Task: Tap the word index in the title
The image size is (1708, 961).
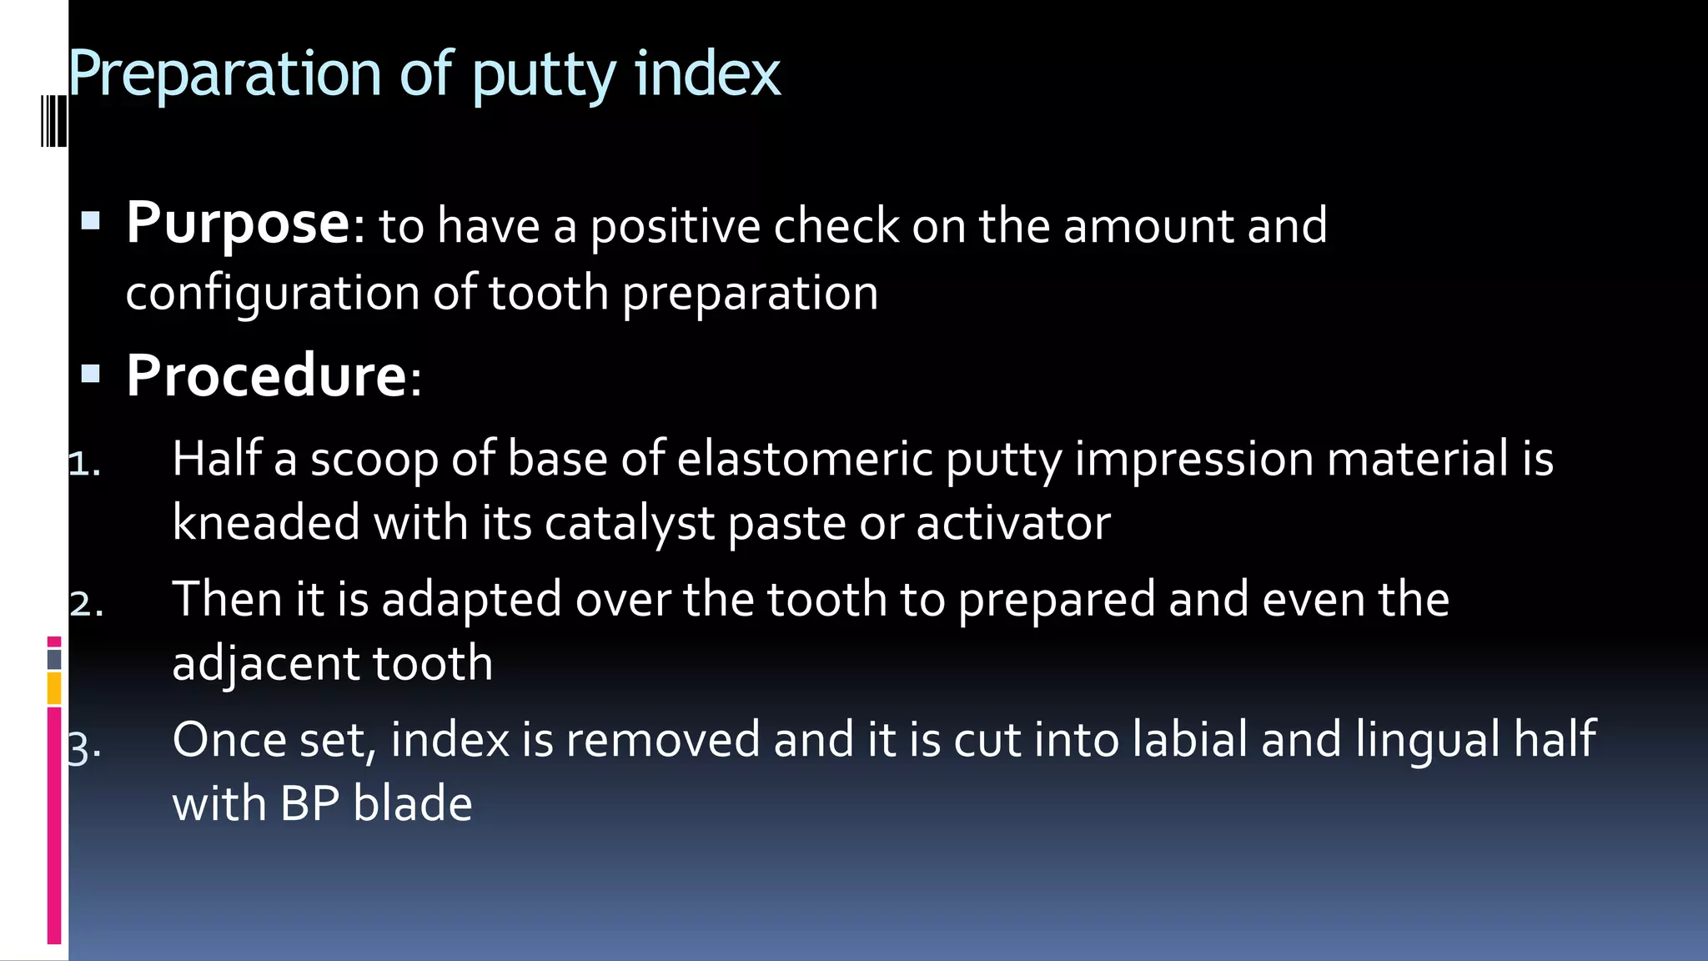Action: pos(707,73)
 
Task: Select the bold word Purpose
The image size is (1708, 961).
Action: pos(238,224)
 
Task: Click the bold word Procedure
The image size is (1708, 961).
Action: pos(266,375)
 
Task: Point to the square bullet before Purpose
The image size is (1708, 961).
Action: pos(91,221)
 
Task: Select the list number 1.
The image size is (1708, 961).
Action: pos(83,465)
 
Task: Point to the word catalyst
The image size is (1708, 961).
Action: pos(630,524)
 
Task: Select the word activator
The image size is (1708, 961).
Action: pos(1012,524)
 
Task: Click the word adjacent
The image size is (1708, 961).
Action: pos(265,664)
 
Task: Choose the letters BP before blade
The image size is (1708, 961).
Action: pos(309,804)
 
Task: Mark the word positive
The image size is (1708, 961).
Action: pos(675,226)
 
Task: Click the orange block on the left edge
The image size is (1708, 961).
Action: pos(54,689)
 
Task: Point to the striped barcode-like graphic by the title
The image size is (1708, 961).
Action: pos(53,121)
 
